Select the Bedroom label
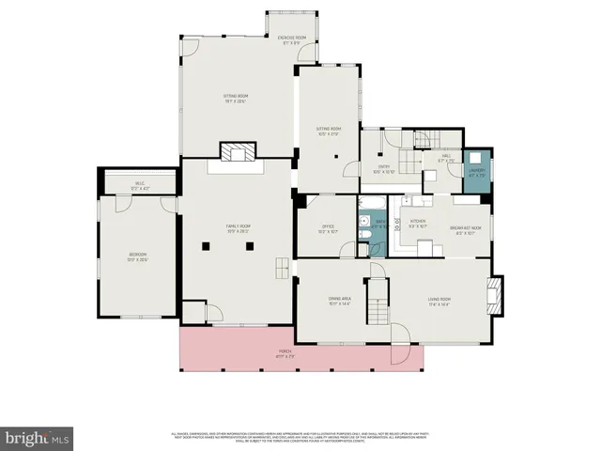tap(139, 256)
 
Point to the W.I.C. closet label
tap(139, 186)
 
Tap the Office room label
tap(328, 227)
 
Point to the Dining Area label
tap(339, 301)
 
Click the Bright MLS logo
tap(37, 438)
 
